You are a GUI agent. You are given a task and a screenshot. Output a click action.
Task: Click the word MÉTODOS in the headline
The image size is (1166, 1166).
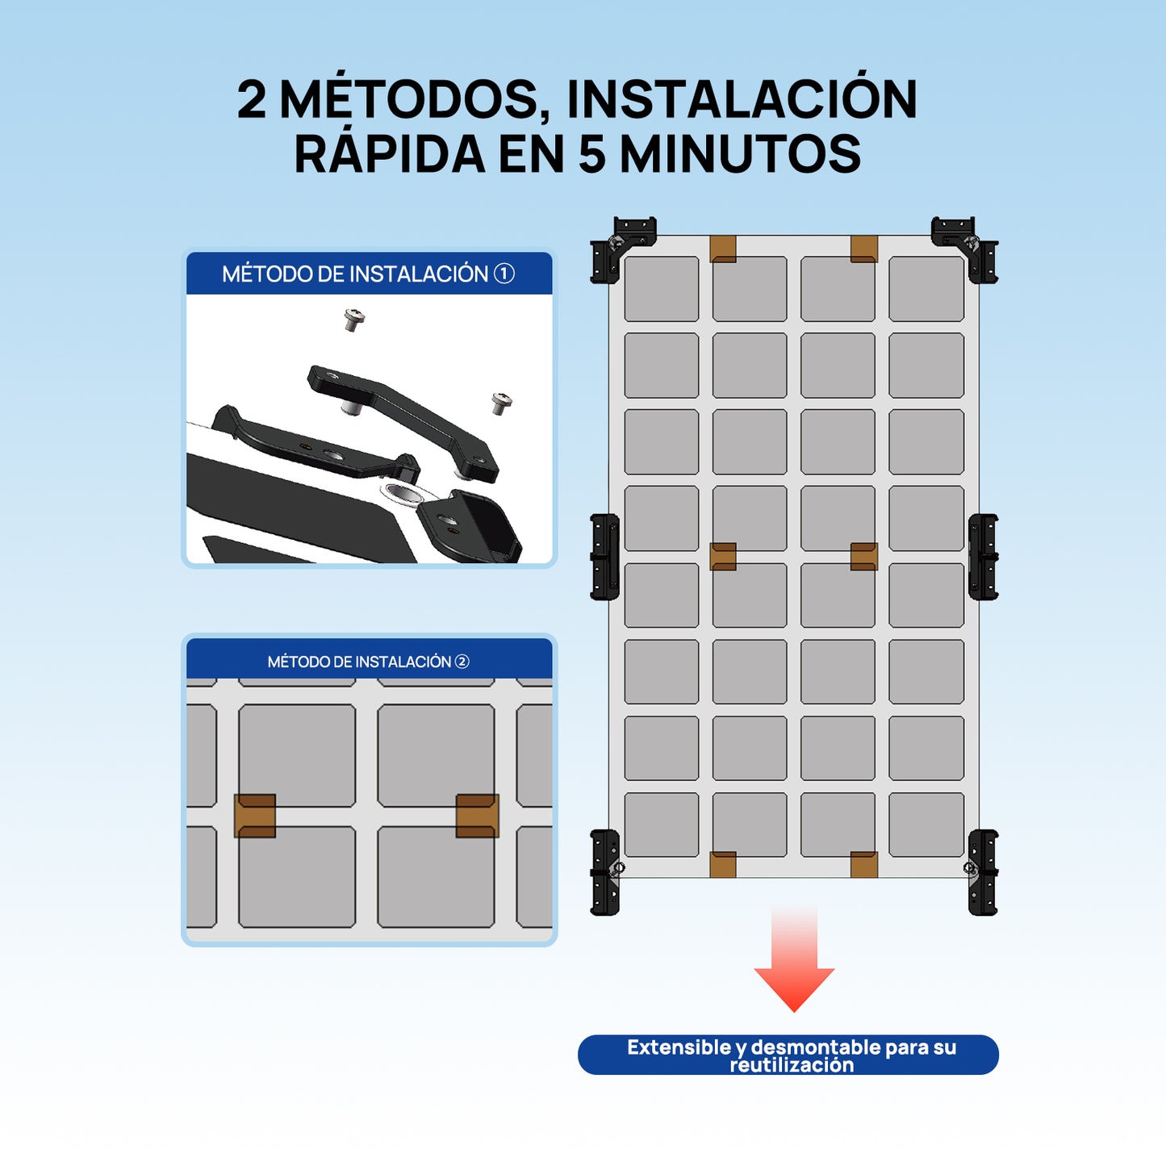408,100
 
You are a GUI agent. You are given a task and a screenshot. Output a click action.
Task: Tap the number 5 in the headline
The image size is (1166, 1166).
591,154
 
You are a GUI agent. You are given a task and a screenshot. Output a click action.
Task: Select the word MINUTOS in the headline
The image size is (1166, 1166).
740,154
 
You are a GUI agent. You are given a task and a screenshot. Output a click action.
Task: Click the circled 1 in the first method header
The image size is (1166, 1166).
504,274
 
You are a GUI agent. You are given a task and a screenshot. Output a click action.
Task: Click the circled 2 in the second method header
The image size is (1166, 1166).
462,662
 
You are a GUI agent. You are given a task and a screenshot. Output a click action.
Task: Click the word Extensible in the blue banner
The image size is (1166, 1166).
679,1047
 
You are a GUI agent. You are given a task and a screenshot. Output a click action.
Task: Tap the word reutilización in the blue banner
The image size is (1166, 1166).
791,1065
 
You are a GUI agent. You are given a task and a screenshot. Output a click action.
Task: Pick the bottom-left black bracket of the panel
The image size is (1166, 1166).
605,872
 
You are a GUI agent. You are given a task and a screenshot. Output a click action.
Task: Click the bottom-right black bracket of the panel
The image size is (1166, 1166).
983,872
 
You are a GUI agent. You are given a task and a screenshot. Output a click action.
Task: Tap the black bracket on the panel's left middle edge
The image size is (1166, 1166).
604,557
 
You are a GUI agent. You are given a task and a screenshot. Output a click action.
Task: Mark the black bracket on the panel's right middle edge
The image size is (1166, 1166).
983,557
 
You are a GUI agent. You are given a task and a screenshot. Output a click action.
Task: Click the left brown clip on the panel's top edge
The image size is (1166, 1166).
723,249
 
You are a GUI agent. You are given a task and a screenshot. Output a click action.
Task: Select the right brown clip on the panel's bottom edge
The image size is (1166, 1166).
864,864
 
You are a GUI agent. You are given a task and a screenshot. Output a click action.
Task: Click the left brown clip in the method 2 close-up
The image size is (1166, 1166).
255,816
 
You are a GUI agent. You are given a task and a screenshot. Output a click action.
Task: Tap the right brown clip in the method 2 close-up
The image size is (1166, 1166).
477,816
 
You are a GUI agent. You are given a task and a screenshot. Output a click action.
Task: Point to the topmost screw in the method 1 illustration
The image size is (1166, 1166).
353,319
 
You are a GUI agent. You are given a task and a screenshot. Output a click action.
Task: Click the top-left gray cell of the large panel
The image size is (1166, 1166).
662,289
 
